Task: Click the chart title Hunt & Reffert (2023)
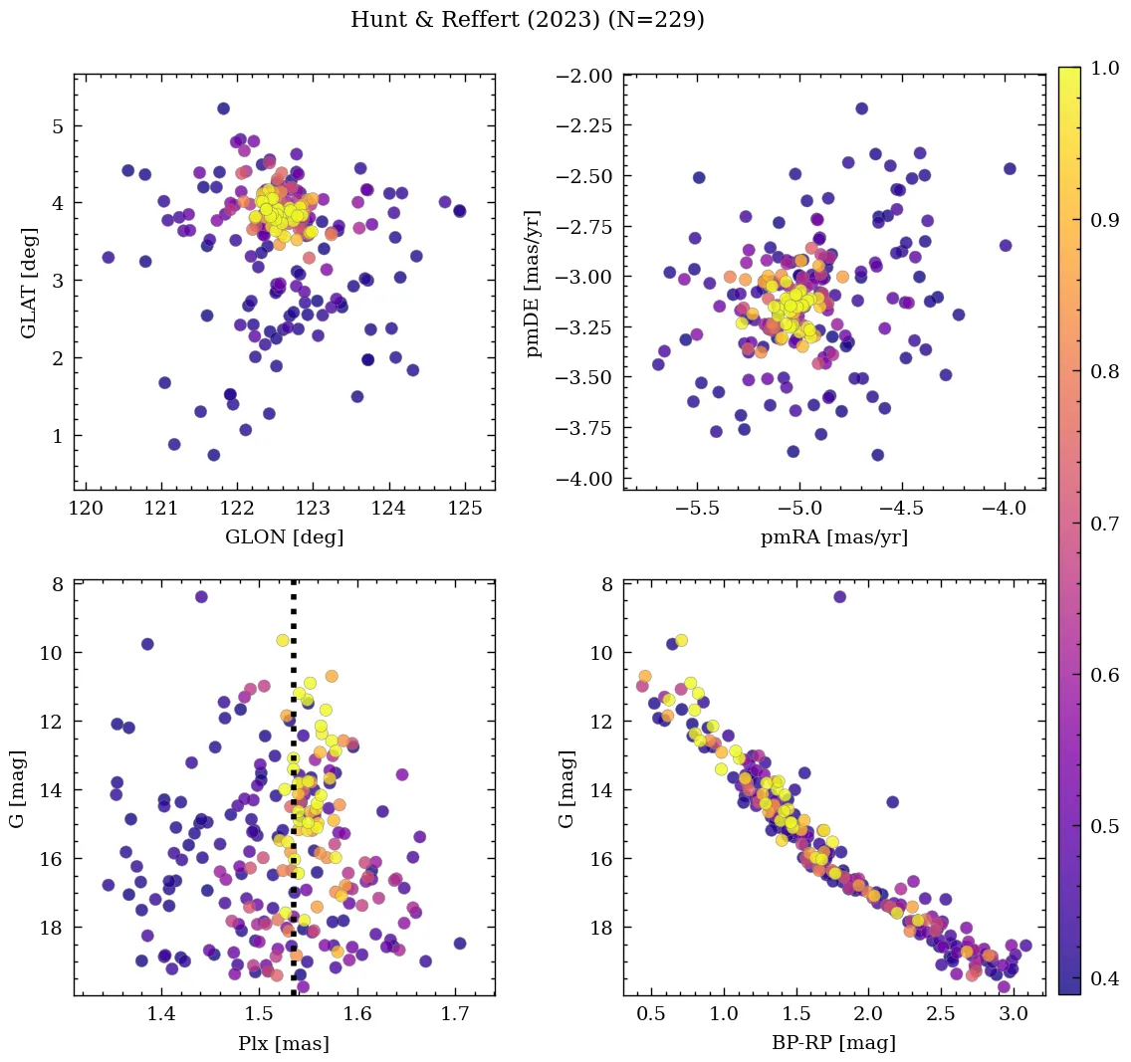click(528, 20)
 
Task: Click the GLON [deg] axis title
click(285, 536)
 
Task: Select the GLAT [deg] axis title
click(29, 281)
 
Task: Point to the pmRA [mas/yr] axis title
click(834, 536)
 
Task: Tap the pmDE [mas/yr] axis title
click(536, 283)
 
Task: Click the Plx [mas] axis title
click(284, 1043)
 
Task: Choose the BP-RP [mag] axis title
click(834, 1043)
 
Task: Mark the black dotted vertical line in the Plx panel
click(294, 796)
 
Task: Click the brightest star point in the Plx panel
click(201, 597)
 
